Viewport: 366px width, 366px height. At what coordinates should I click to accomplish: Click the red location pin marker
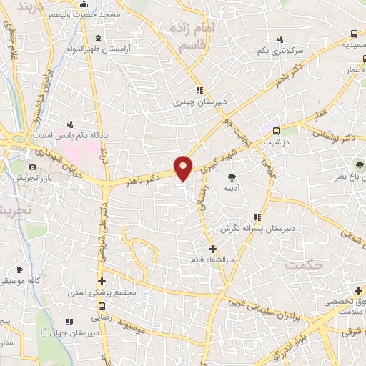coord(184,167)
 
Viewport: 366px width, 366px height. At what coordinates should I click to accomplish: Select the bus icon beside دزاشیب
coord(275,130)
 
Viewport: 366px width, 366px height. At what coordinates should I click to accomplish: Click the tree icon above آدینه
coord(232,176)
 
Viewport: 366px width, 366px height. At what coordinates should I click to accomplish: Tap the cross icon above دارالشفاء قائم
coord(212,249)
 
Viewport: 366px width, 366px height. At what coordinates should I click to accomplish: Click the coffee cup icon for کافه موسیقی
coord(20,270)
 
